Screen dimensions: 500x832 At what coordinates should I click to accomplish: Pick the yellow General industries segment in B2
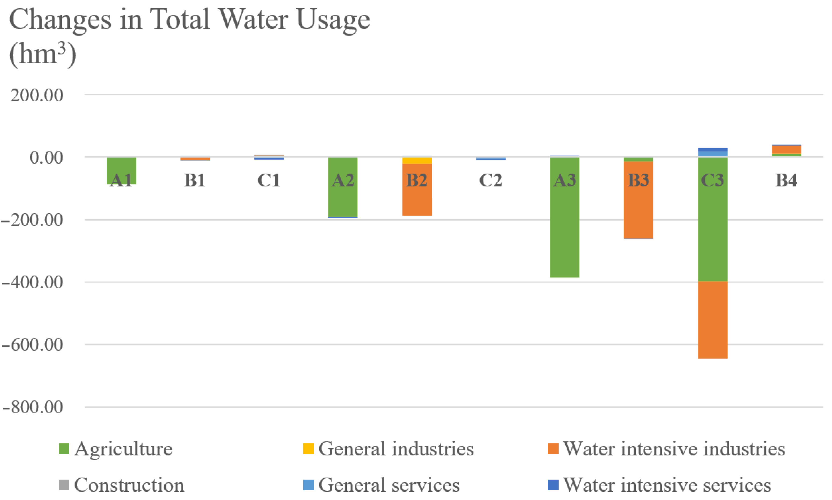pyautogui.click(x=417, y=160)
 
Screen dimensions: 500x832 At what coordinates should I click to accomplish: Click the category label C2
pyautogui.click(x=491, y=180)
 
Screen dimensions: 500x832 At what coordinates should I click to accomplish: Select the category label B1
pyautogui.click(x=195, y=180)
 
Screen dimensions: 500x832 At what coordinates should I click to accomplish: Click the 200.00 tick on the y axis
pyautogui.click(x=37, y=95)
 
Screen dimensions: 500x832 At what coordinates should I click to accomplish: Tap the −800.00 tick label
pyautogui.click(x=33, y=407)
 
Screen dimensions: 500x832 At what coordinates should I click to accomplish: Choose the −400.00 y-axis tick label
pyautogui.click(x=33, y=282)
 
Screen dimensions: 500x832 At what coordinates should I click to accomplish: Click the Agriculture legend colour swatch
pyautogui.click(x=64, y=449)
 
